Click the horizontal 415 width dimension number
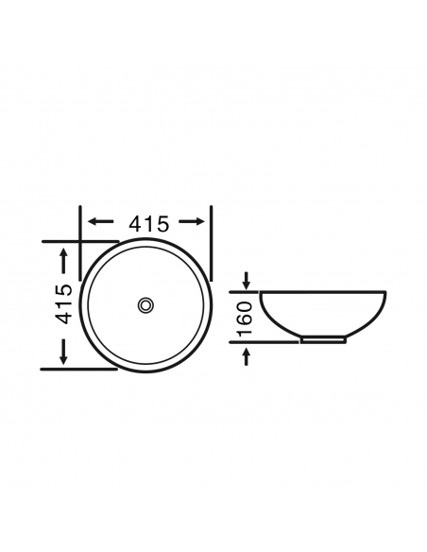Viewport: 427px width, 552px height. click(149, 224)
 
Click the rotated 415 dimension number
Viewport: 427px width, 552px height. click(64, 303)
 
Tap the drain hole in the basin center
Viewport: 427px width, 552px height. click(145, 305)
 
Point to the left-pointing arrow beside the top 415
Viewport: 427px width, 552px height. click(100, 221)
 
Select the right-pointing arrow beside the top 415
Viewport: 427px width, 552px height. click(192, 221)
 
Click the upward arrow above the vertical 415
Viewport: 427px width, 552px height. click(63, 261)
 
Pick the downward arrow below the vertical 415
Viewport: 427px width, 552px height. click(63, 352)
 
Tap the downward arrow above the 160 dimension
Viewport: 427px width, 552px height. click(247, 281)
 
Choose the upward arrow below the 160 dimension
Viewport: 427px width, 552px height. click(247, 356)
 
